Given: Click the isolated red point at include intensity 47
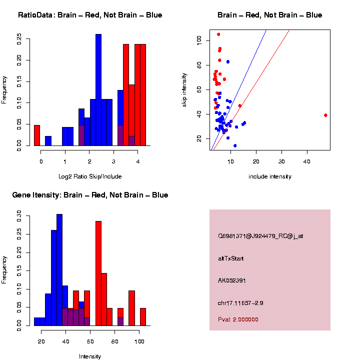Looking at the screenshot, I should [325, 115].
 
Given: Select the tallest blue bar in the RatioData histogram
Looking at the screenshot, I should [98, 90].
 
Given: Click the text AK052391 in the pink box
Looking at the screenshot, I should [232, 280].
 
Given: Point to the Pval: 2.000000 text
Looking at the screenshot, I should [238, 319].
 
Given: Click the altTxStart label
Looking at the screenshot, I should [231, 258].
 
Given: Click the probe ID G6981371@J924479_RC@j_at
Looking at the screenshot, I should [260, 236].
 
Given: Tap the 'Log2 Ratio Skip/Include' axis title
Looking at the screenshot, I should [89, 176].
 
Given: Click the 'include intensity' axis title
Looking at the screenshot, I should [270, 176].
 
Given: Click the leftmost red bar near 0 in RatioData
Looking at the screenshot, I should [37, 135].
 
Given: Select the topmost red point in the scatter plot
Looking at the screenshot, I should [218, 34].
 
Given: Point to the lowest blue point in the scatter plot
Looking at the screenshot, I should [235, 145].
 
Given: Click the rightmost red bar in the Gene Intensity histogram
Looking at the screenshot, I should [143, 317].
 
